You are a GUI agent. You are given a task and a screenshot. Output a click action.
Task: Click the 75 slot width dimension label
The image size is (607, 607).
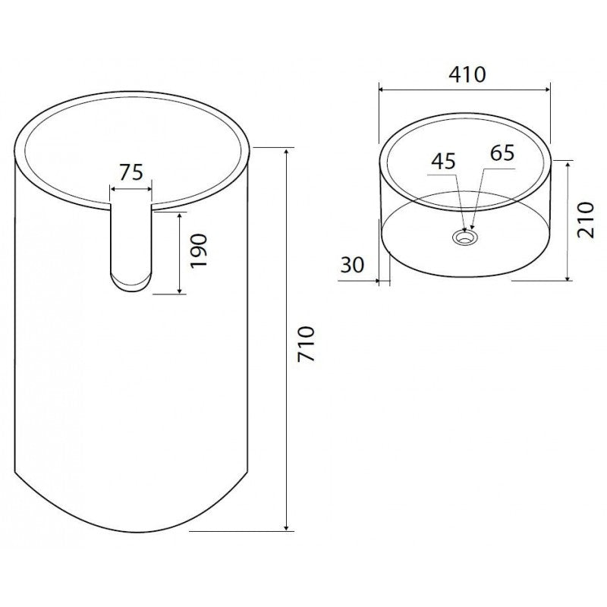pos(131,172)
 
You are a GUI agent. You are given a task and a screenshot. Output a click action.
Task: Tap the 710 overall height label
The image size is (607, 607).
pos(305,344)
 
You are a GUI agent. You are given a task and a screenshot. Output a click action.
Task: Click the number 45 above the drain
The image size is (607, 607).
pos(444,162)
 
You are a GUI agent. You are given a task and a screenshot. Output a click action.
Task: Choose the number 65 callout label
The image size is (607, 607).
pos(502,153)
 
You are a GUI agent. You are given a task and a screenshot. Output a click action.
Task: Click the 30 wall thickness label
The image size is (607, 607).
pos(352,266)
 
